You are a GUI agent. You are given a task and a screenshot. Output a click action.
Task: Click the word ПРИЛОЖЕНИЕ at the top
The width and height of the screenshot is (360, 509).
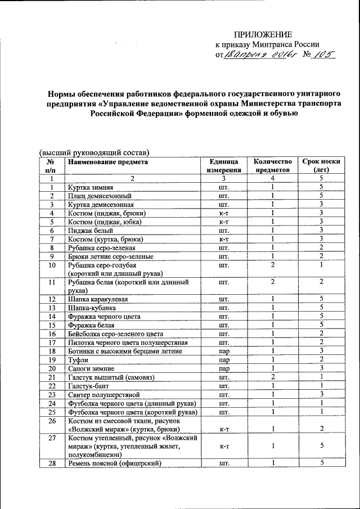[x=263, y=35]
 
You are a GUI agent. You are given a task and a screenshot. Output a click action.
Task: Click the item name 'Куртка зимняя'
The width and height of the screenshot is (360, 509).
[x=91, y=187]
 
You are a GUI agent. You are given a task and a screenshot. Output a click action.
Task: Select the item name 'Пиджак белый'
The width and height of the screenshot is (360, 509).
[x=91, y=231]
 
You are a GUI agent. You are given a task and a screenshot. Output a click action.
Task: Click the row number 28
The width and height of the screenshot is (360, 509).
[x=52, y=463]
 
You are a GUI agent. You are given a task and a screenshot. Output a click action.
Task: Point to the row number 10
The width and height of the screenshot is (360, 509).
[x=52, y=265]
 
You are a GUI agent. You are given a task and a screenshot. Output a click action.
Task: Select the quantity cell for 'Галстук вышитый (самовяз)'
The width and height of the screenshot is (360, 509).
[x=272, y=377]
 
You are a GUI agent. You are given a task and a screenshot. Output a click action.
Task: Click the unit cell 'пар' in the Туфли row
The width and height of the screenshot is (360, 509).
[x=224, y=360]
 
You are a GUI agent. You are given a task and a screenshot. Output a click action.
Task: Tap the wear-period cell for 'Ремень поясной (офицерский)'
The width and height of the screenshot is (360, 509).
[x=320, y=463]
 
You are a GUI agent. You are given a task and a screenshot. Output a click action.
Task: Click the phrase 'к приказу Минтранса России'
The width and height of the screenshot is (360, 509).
[x=267, y=45]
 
